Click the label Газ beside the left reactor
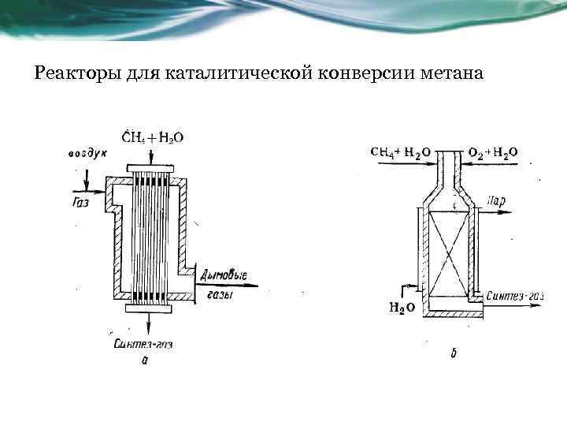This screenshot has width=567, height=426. pyautogui.click(x=79, y=202)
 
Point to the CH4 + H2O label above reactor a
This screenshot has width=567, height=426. pyautogui.click(x=153, y=137)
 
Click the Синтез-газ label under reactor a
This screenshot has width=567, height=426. pyautogui.click(x=142, y=345)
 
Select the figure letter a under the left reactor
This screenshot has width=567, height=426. pyautogui.click(x=144, y=360)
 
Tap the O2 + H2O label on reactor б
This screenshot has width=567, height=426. pyautogui.click(x=493, y=151)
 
